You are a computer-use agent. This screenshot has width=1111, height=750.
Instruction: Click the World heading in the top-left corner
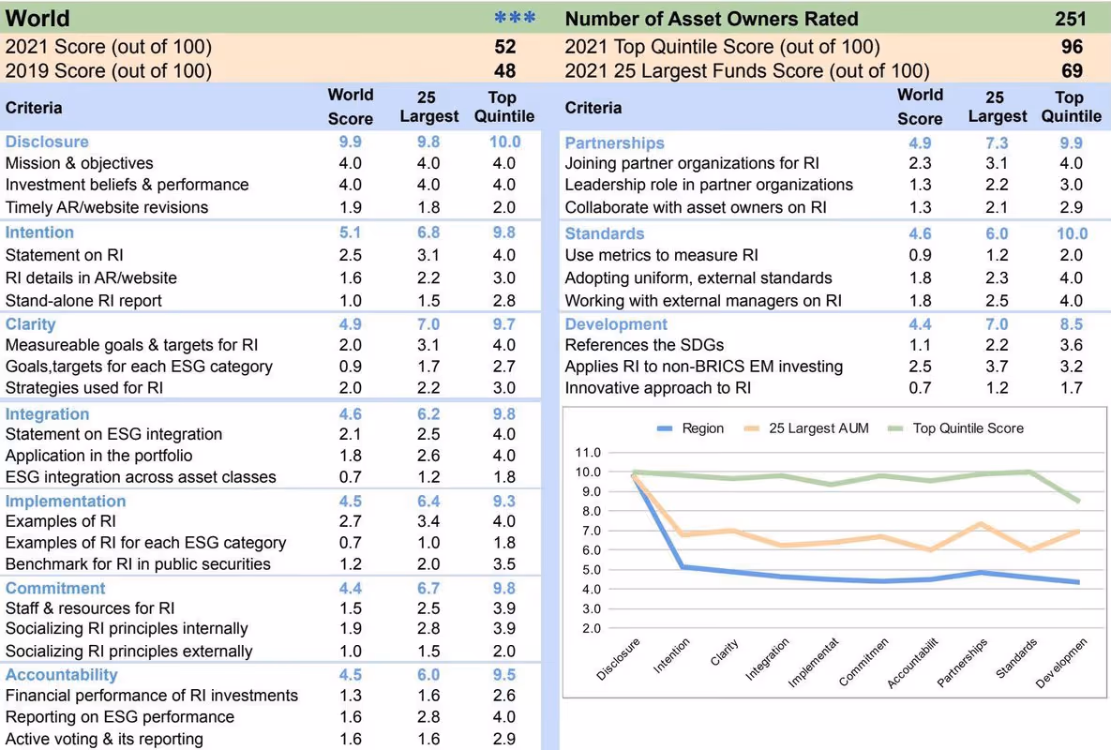click(x=38, y=18)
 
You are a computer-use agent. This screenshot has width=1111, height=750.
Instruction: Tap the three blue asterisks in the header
click(x=515, y=18)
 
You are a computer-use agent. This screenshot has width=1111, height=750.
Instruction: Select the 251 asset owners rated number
click(x=1070, y=19)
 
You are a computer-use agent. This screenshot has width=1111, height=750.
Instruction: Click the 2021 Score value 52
click(x=505, y=47)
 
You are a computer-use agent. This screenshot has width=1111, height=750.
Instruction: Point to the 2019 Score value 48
click(x=505, y=71)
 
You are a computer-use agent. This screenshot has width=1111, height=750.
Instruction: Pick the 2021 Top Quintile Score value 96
click(x=1072, y=47)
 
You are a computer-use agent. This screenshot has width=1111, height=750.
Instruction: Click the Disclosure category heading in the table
click(x=47, y=142)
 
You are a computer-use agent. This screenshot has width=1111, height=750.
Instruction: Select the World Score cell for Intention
click(x=350, y=232)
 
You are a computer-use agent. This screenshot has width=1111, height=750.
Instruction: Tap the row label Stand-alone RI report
click(x=83, y=300)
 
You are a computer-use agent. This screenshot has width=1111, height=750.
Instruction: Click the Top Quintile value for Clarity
click(x=504, y=324)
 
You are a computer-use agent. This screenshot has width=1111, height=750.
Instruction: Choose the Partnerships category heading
click(x=614, y=143)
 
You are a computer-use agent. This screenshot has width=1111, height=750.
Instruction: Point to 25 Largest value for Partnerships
click(x=997, y=143)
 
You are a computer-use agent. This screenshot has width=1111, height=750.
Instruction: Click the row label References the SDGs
click(x=644, y=345)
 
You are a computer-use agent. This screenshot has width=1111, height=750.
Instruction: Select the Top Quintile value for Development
click(x=1072, y=324)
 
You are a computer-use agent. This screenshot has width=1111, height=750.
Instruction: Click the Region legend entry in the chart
click(x=691, y=428)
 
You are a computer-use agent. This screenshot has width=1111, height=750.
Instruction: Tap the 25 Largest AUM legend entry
click(x=806, y=428)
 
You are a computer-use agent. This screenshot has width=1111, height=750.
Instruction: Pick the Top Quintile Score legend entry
click(x=955, y=428)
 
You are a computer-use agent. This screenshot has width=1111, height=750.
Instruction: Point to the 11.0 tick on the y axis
click(x=588, y=453)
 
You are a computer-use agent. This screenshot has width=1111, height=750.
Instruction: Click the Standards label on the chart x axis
click(x=1016, y=658)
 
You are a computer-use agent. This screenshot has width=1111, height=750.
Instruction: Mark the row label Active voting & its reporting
click(x=104, y=739)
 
